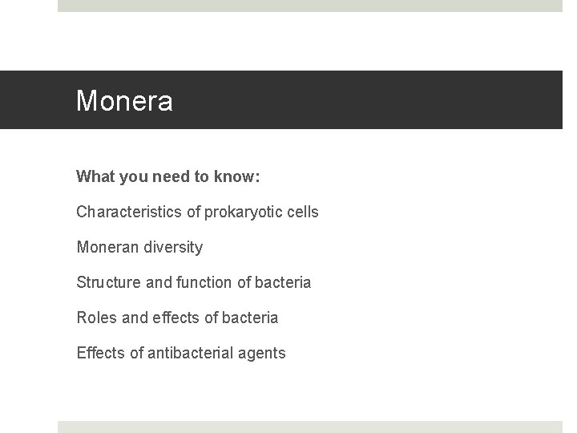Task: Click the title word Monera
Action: point(124,101)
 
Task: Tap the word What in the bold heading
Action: point(95,176)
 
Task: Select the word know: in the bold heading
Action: point(238,176)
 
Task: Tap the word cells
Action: point(301,212)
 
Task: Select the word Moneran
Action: point(108,248)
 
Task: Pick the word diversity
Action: point(174,248)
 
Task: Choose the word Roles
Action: point(96,318)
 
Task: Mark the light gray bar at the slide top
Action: point(309,6)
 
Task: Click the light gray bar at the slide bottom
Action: point(309,427)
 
